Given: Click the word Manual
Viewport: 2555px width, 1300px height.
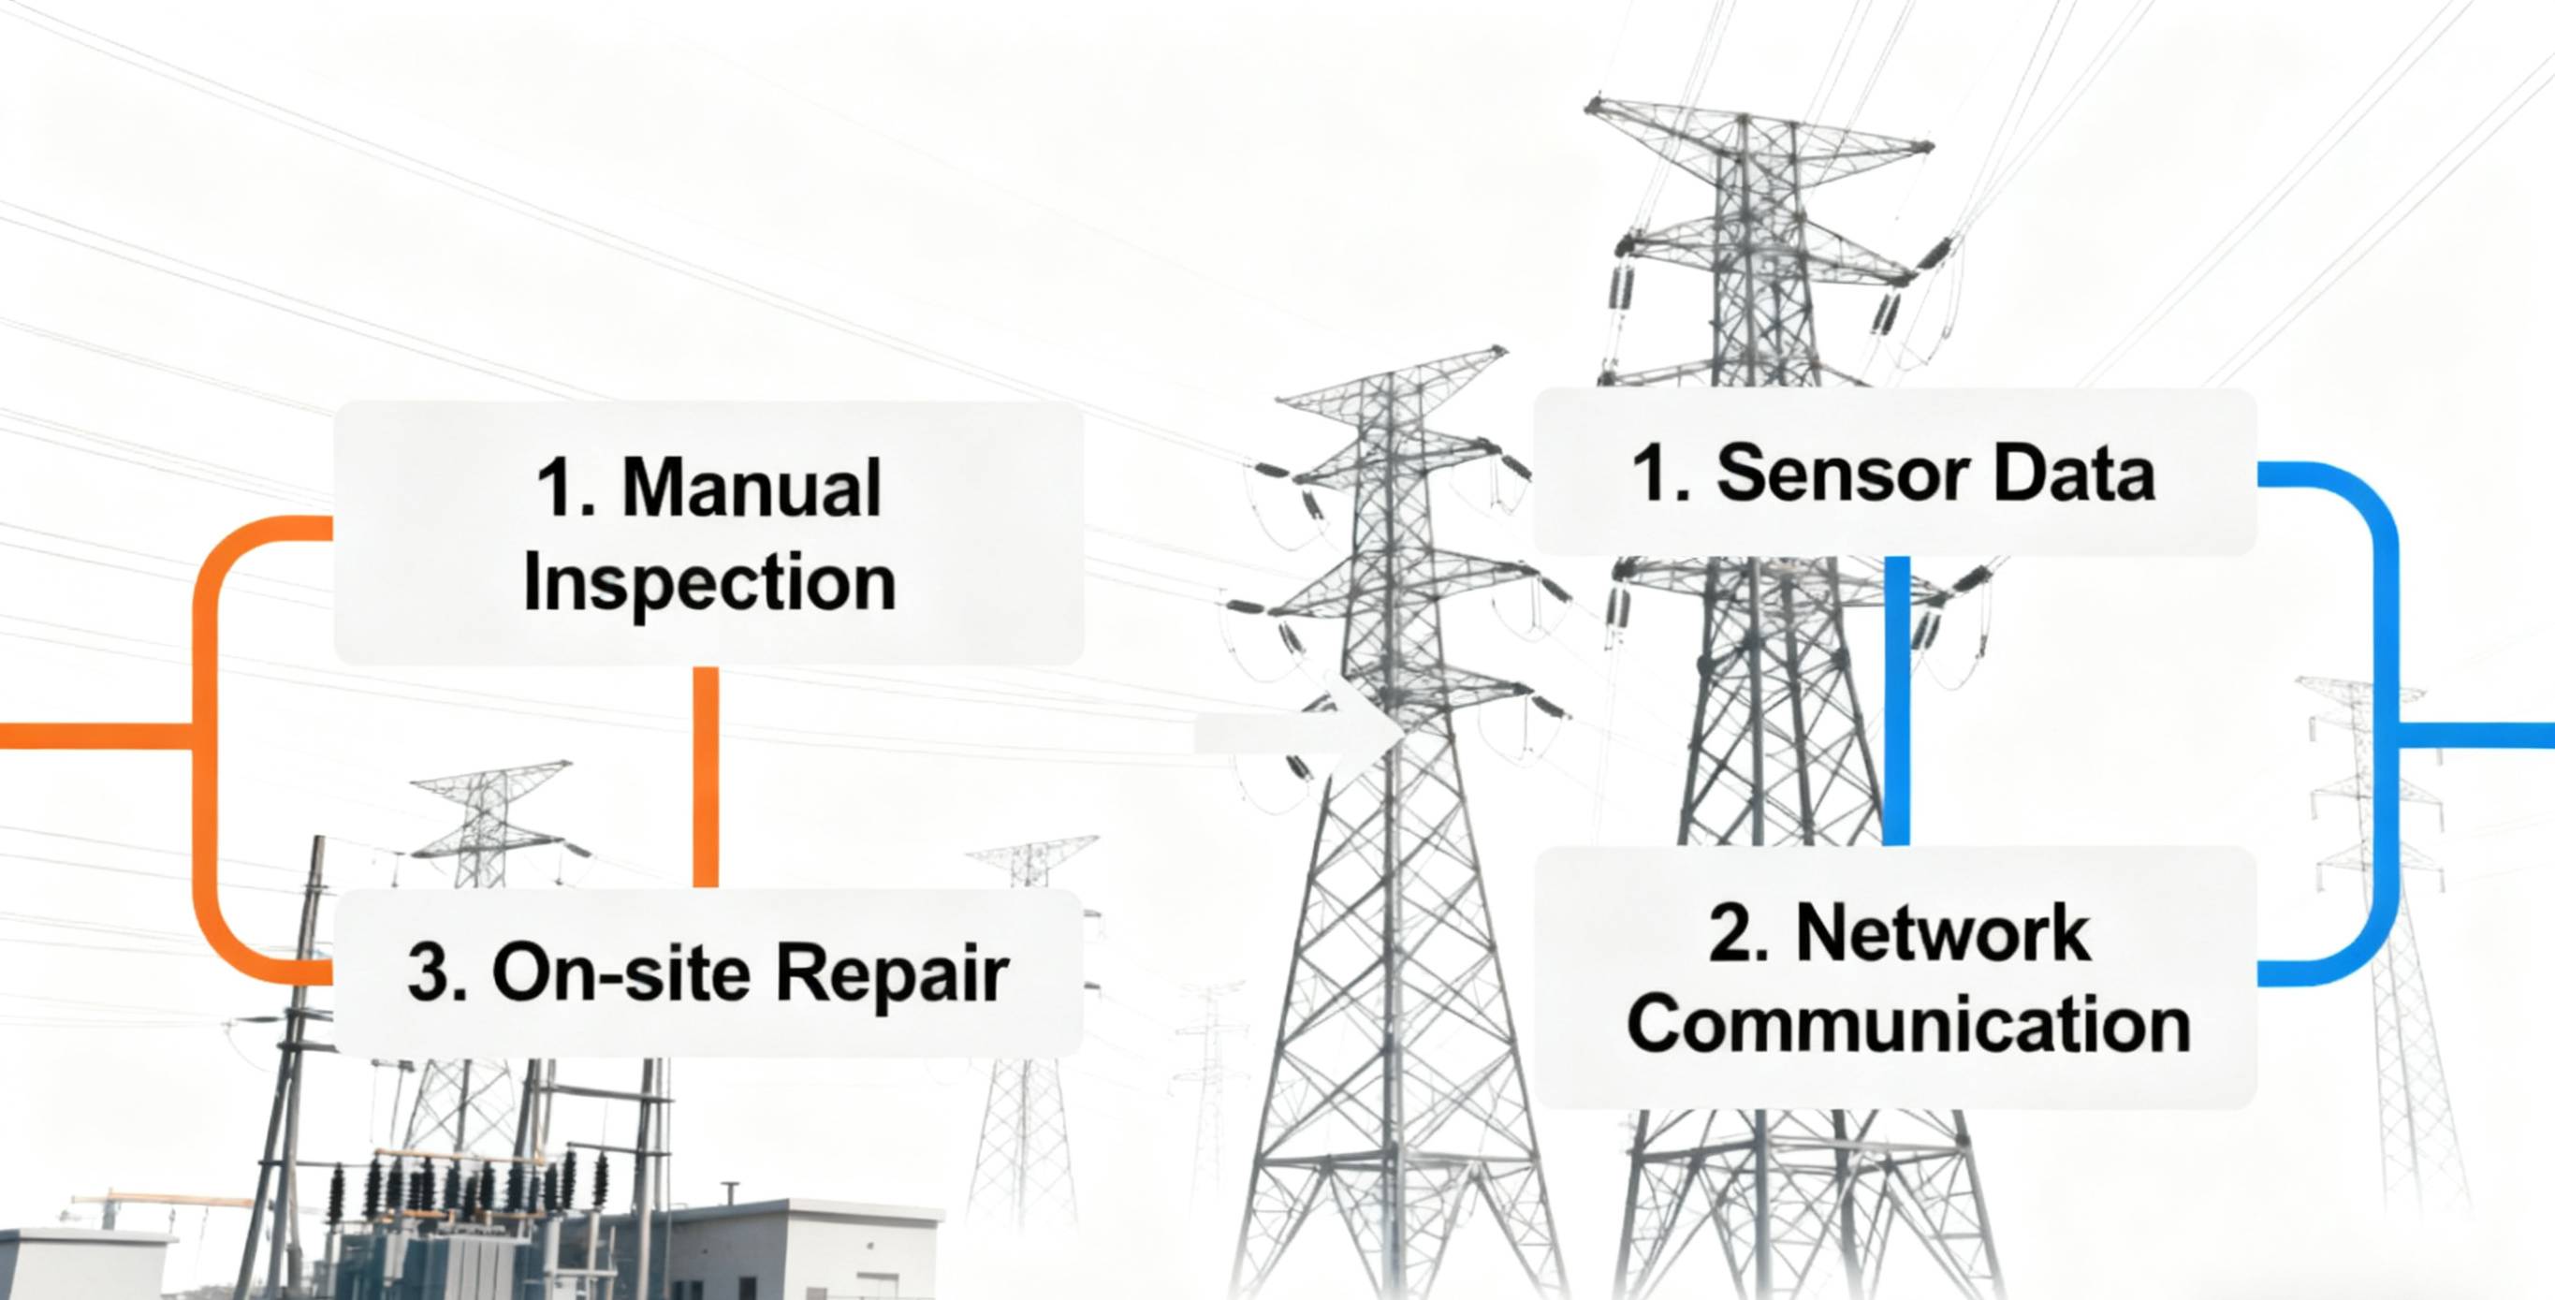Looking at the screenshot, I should click(751, 488).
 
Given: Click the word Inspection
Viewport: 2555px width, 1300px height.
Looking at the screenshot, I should click(709, 583).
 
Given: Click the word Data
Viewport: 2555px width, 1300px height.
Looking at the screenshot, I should click(2074, 474).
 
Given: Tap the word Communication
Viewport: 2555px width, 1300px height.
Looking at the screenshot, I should click(1908, 1026).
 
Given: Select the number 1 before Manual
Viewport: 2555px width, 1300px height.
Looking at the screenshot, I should click(563, 488).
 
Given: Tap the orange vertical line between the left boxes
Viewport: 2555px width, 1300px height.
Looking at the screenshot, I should click(706, 777).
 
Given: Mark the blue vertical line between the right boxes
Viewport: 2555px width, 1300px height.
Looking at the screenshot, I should click(1896, 700).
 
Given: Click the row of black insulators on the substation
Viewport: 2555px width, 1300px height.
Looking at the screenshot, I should click(466, 1182).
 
